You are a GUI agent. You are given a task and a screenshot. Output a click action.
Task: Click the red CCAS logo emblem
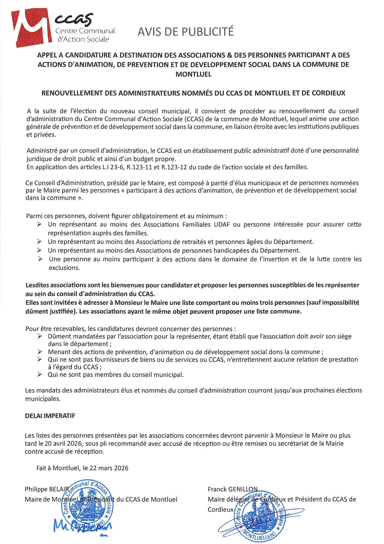pos(31,27)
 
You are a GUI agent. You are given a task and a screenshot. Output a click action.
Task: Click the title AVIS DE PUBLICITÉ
pos(186,31)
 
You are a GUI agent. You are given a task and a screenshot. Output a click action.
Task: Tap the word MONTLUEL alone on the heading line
pos(193,74)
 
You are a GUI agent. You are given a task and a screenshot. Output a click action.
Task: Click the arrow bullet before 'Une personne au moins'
pos(40,259)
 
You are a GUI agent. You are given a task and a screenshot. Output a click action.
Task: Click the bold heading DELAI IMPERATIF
pos(50,416)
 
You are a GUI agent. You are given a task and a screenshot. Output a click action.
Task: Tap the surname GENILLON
pos(243,489)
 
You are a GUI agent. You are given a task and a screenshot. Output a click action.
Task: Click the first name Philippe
pos(36,489)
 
